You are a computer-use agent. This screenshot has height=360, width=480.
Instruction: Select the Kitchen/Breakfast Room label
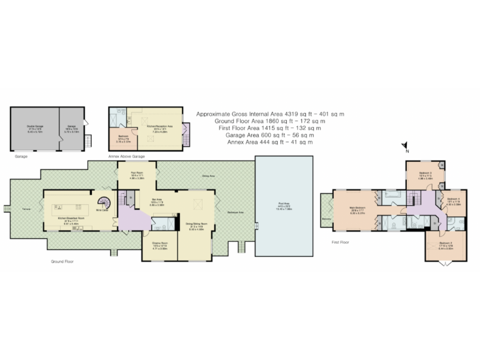click(x=67, y=219)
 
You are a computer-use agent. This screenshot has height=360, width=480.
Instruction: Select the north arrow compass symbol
click(x=405, y=147)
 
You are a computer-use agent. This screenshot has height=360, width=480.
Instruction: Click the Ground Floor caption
click(x=62, y=261)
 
